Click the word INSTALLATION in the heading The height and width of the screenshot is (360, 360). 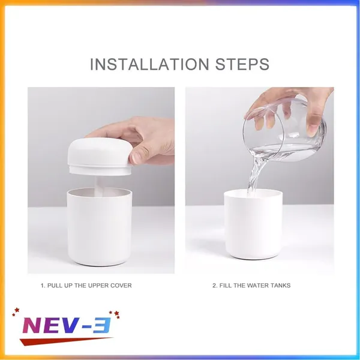[149, 64]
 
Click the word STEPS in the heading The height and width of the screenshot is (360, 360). [242, 64]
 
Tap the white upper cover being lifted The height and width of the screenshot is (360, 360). [100, 157]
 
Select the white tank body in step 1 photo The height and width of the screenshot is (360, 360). [100, 227]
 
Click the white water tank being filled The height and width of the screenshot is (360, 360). [253, 224]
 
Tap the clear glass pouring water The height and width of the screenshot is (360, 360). [284, 130]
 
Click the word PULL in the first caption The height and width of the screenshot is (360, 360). [55, 286]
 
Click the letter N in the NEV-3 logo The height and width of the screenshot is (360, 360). [32, 325]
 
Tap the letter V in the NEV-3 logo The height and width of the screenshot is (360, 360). [70, 325]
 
